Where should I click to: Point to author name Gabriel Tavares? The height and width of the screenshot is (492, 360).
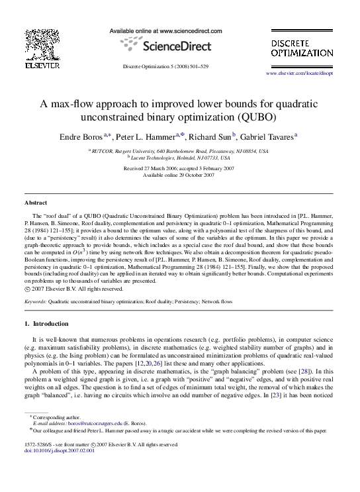(x=269, y=136)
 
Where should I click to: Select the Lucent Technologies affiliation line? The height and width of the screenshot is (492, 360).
(x=179, y=158)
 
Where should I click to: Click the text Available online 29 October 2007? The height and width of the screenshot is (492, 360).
(x=179, y=174)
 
